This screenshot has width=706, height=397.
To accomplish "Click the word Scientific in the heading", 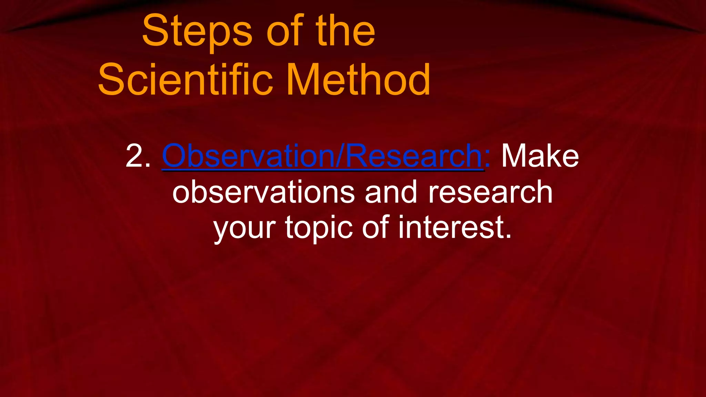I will click(x=186, y=80).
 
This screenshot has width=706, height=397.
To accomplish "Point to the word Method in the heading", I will click(x=359, y=80).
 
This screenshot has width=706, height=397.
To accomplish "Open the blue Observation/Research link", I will click(x=323, y=156).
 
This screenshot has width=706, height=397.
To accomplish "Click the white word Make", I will click(x=540, y=156).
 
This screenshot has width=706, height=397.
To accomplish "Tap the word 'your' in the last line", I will click(x=244, y=228).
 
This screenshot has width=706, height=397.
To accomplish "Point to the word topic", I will click(x=319, y=228).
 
